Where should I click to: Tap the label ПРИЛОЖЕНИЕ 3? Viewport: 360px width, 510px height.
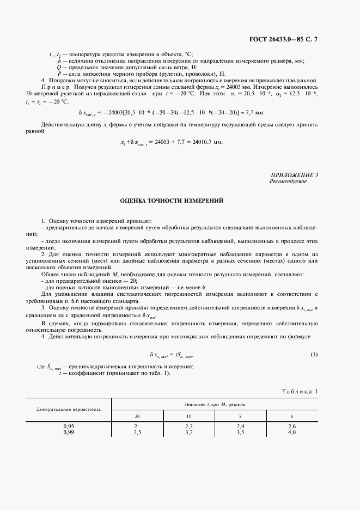[294, 174]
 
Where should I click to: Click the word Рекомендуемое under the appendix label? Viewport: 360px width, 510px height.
[288, 181]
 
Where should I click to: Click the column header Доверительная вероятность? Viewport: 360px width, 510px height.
[69, 409]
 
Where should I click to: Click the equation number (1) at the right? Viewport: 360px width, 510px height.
[314, 355]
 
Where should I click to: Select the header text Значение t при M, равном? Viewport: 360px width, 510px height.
[215, 404]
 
